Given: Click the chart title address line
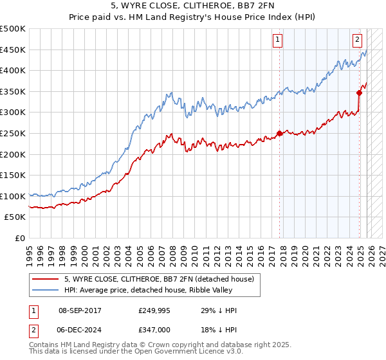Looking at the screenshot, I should pyautogui.click(x=193, y=6).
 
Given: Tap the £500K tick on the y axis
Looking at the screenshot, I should pyautogui.click(x=13, y=29).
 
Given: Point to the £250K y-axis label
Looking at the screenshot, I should pyautogui.click(x=13, y=133).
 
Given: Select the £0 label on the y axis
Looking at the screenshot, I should pyautogui.click(x=19, y=238).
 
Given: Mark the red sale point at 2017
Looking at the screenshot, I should pyautogui.click(x=279, y=133).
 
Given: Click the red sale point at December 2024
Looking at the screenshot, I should pyautogui.click(x=360, y=93).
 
